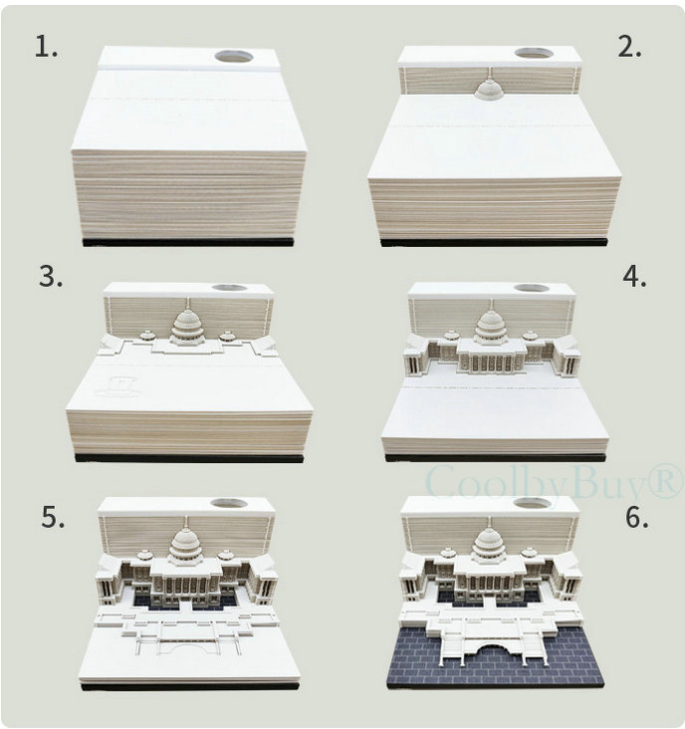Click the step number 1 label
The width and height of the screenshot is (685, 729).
[x=47, y=47]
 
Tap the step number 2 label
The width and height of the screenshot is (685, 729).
[x=629, y=47]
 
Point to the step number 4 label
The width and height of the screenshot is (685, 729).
[x=634, y=277]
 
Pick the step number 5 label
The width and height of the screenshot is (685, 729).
[x=53, y=517]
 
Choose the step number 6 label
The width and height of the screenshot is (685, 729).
[x=636, y=517]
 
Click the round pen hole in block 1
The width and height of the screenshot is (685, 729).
[x=234, y=57]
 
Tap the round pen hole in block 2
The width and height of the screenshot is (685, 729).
[x=534, y=53]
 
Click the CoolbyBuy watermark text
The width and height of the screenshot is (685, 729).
[x=554, y=482]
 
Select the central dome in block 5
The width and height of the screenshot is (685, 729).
[x=185, y=543]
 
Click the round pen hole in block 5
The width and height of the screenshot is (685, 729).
[x=228, y=503]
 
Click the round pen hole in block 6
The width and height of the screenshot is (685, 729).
[x=533, y=503]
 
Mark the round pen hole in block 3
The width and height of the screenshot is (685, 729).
[x=230, y=288]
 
